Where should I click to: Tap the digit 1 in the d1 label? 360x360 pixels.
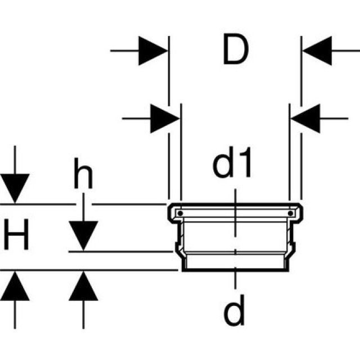click(246, 164)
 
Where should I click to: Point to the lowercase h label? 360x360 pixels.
click(83, 176)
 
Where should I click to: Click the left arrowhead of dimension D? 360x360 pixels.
click(153, 51)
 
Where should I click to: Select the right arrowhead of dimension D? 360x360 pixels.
click(317, 51)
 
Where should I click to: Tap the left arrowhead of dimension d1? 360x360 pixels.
click(164, 118)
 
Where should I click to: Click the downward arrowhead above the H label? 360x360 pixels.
click(15, 188)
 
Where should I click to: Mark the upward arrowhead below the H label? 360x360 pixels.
click(15, 286)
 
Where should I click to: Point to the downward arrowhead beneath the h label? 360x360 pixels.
click(83, 236)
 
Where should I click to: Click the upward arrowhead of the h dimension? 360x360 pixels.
click(83, 286)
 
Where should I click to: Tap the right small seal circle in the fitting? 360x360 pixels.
click(290, 214)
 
